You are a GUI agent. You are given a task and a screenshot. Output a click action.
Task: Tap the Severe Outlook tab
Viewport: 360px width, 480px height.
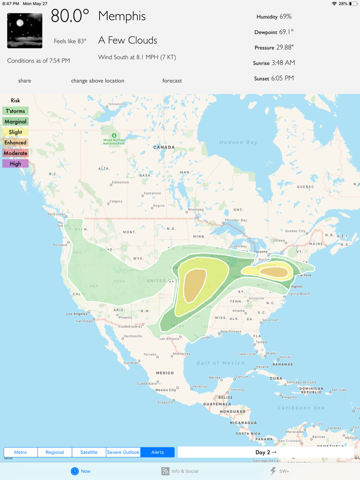coord(123,452)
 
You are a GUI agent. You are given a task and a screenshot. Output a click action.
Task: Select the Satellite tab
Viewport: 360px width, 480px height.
coord(89,452)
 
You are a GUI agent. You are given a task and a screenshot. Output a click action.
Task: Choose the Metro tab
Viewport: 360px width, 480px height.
coord(21,452)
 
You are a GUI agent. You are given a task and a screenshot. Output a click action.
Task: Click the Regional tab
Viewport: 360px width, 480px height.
coord(55,452)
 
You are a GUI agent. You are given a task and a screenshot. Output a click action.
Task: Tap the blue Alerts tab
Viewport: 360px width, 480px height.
coord(157,452)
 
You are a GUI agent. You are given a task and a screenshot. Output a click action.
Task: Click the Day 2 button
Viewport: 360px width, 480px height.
coord(266,452)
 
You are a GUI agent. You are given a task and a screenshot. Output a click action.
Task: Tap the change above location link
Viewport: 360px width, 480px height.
coord(98,81)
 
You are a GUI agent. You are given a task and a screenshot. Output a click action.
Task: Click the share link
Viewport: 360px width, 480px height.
coord(25,81)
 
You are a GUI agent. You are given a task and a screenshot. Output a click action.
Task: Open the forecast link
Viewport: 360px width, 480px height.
coord(172,81)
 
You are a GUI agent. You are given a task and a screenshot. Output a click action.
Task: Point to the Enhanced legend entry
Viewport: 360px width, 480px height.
coord(15,142)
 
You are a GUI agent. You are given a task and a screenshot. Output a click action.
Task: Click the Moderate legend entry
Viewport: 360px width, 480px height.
coord(15,153)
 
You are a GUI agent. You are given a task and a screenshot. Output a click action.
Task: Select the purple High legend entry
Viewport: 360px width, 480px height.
coord(15,164)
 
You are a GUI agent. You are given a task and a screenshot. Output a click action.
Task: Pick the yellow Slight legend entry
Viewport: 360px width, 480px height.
coord(15,132)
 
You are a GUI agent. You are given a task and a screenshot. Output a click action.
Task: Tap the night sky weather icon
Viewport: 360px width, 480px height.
coord(25,30)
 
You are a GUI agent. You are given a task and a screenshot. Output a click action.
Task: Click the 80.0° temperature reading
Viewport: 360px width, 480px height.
coord(70,16)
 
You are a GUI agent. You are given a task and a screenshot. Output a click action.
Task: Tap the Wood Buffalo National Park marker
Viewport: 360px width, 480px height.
coord(114,136)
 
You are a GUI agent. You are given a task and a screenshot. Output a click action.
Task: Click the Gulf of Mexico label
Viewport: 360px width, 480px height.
coord(221,363)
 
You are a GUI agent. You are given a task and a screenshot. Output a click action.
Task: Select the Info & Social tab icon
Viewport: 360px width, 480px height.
coord(166,471)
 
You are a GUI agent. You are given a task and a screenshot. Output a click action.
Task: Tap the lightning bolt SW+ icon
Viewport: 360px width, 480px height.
coord(273,471)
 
